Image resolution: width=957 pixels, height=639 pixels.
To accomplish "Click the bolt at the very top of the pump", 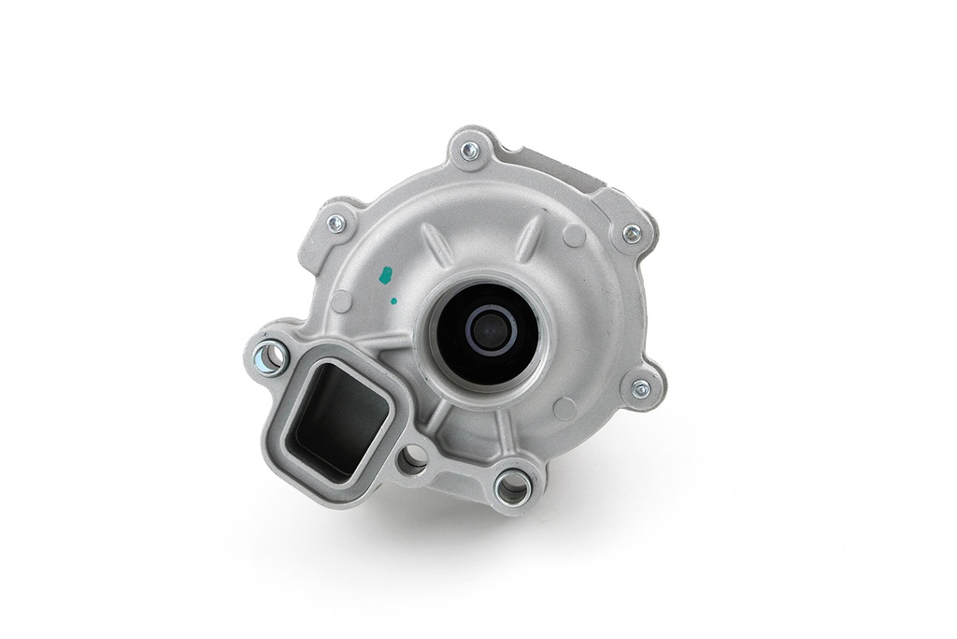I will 470,149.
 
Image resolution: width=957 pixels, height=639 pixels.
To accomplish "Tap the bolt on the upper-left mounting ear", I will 336,224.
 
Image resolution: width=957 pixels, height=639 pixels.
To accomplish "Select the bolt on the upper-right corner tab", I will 632,233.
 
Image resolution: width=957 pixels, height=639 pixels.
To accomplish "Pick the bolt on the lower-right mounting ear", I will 641,388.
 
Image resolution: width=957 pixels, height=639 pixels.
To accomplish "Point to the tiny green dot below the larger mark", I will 393,301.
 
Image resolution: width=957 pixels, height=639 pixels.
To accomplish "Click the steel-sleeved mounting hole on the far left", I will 269,357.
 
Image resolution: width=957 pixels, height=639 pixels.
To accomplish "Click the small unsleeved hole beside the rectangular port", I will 411,459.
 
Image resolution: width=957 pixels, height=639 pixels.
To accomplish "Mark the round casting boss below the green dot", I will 342,301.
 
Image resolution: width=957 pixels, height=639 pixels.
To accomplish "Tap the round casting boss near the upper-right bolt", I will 574,236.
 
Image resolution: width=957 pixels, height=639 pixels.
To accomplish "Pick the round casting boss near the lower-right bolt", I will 564,409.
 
